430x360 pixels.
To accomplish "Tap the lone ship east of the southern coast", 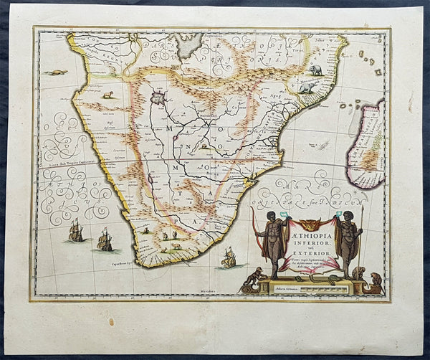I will [x=229, y=257].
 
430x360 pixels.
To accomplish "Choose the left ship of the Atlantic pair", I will [x=76, y=230].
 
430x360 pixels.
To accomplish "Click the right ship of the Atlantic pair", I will [x=105, y=239].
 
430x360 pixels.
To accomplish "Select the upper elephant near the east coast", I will [x=316, y=70].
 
